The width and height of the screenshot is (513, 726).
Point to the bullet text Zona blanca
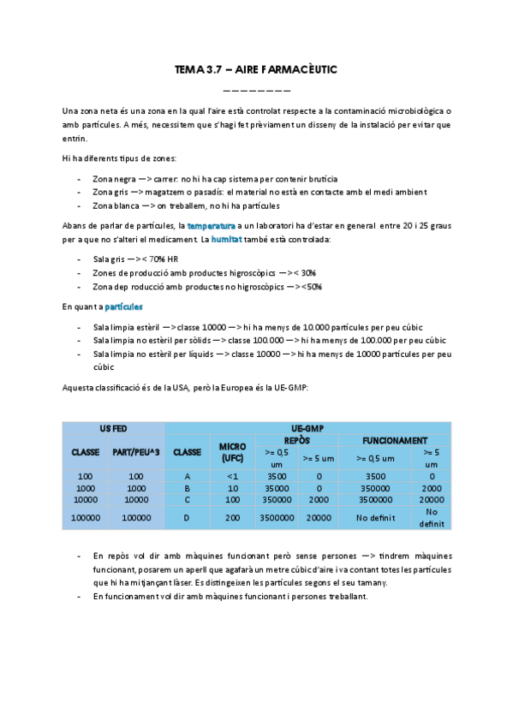pyautogui.click(x=115, y=205)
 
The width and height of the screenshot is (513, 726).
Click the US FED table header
pyautogui.click(x=113, y=428)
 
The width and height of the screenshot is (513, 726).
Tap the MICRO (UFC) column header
pyautogui.click(x=232, y=452)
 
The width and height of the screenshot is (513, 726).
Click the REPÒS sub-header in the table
pyautogui.click(x=296, y=439)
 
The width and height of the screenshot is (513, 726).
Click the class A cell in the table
pyautogui.click(x=187, y=475)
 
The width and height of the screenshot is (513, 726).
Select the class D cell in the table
pyautogui.click(x=187, y=517)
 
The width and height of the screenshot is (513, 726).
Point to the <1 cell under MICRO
pyautogui.click(x=232, y=475)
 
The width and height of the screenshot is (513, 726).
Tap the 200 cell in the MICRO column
pyautogui.click(x=232, y=517)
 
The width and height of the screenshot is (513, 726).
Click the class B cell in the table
pyautogui.click(x=187, y=486)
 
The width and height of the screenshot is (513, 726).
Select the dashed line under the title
pyautogui.click(x=256, y=89)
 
